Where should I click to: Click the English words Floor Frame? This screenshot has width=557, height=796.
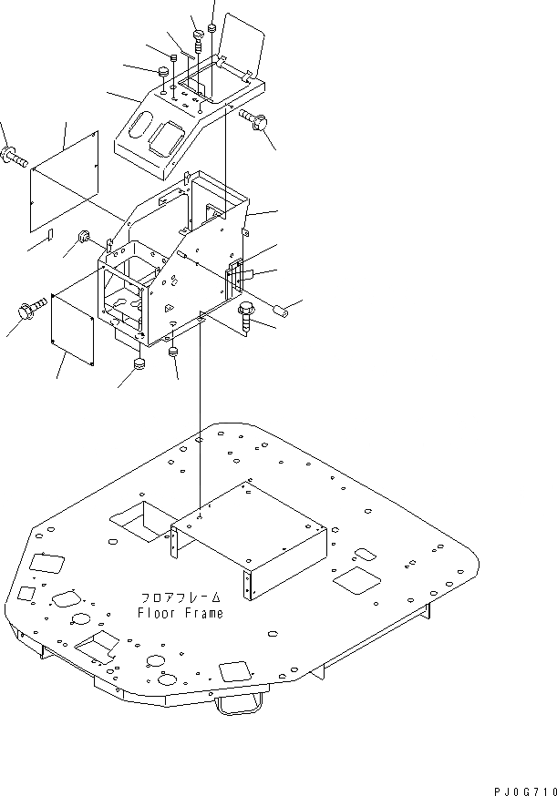coord(180,613)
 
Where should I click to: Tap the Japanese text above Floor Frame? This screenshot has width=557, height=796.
coord(180,597)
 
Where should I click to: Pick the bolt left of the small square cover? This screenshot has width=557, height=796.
coord(29,312)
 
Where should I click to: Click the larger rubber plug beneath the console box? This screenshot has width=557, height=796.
coord(139,365)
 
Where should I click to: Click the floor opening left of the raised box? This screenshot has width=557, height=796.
coord(137,516)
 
